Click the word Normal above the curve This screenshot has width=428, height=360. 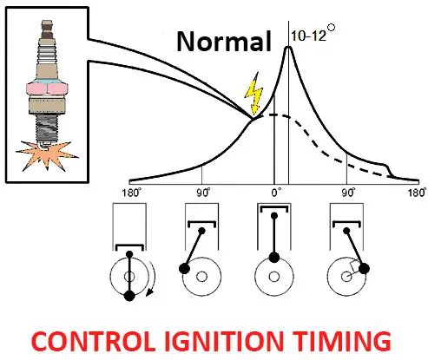(x=224, y=42)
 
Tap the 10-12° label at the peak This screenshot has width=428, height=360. (x=313, y=33)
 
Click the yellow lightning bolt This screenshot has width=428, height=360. (x=254, y=94)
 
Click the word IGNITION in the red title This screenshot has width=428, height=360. (x=224, y=341)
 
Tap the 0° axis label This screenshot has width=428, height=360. (x=276, y=193)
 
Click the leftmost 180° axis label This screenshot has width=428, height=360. (x=132, y=193)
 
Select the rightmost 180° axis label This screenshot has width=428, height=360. (x=417, y=193)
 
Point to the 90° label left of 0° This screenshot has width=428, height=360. (x=203, y=193)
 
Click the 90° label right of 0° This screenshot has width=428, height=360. (x=348, y=193)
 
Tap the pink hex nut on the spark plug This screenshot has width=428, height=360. (x=47, y=88)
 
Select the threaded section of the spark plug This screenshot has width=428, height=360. (x=47, y=128)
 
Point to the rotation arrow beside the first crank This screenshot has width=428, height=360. (x=153, y=279)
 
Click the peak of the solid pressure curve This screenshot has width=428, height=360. (x=288, y=47)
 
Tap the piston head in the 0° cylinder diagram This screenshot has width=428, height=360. (x=274, y=208)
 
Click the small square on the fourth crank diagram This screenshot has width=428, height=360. (x=354, y=267)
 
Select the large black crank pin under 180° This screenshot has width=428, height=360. (x=129, y=296)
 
